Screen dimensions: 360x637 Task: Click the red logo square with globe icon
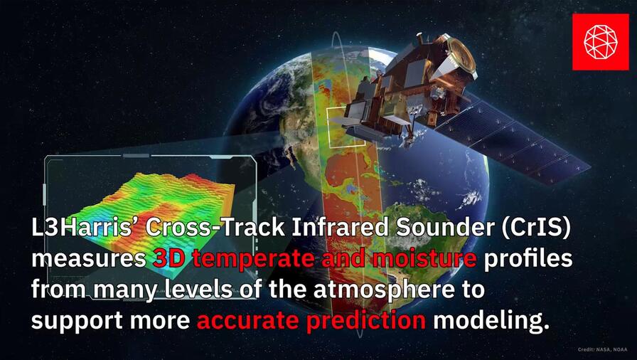[600, 42]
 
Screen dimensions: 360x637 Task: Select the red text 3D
[170, 260]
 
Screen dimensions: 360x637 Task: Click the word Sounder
[427, 229]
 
